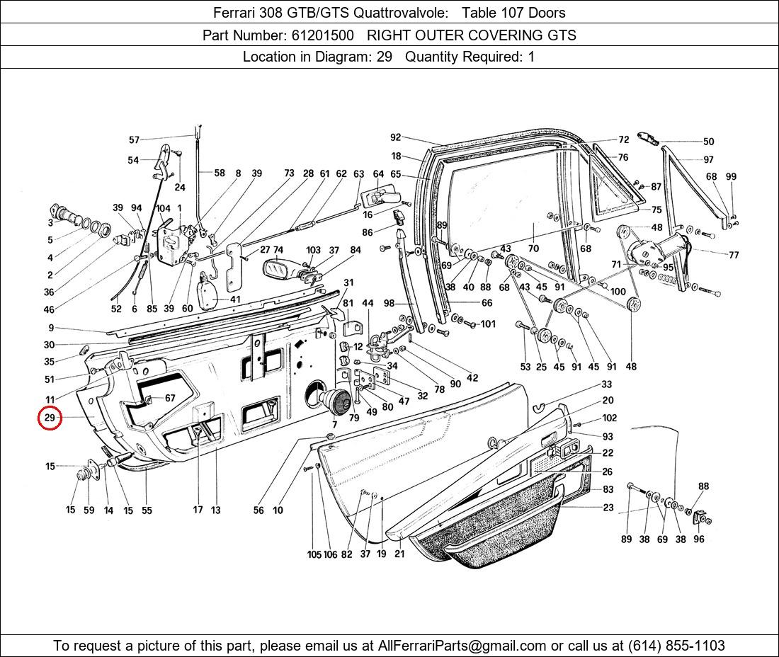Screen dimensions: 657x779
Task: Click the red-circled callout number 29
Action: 50,418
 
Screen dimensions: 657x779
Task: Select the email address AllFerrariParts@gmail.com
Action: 462,646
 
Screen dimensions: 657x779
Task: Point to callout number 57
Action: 134,140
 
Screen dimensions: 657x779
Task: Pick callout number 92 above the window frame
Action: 395,138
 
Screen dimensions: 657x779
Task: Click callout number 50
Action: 708,142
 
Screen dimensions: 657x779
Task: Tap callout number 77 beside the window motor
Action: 733,255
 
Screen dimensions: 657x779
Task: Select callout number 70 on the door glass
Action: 533,248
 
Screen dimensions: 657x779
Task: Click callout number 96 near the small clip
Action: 699,539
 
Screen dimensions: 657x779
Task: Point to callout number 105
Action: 314,554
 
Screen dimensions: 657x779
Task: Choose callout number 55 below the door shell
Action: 147,510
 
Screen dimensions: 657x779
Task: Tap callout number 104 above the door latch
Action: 164,208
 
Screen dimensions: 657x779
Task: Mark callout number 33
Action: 607,384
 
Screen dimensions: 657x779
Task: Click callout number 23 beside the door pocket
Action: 608,507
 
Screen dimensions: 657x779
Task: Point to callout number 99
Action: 731,177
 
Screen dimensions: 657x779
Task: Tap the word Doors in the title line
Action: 547,13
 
